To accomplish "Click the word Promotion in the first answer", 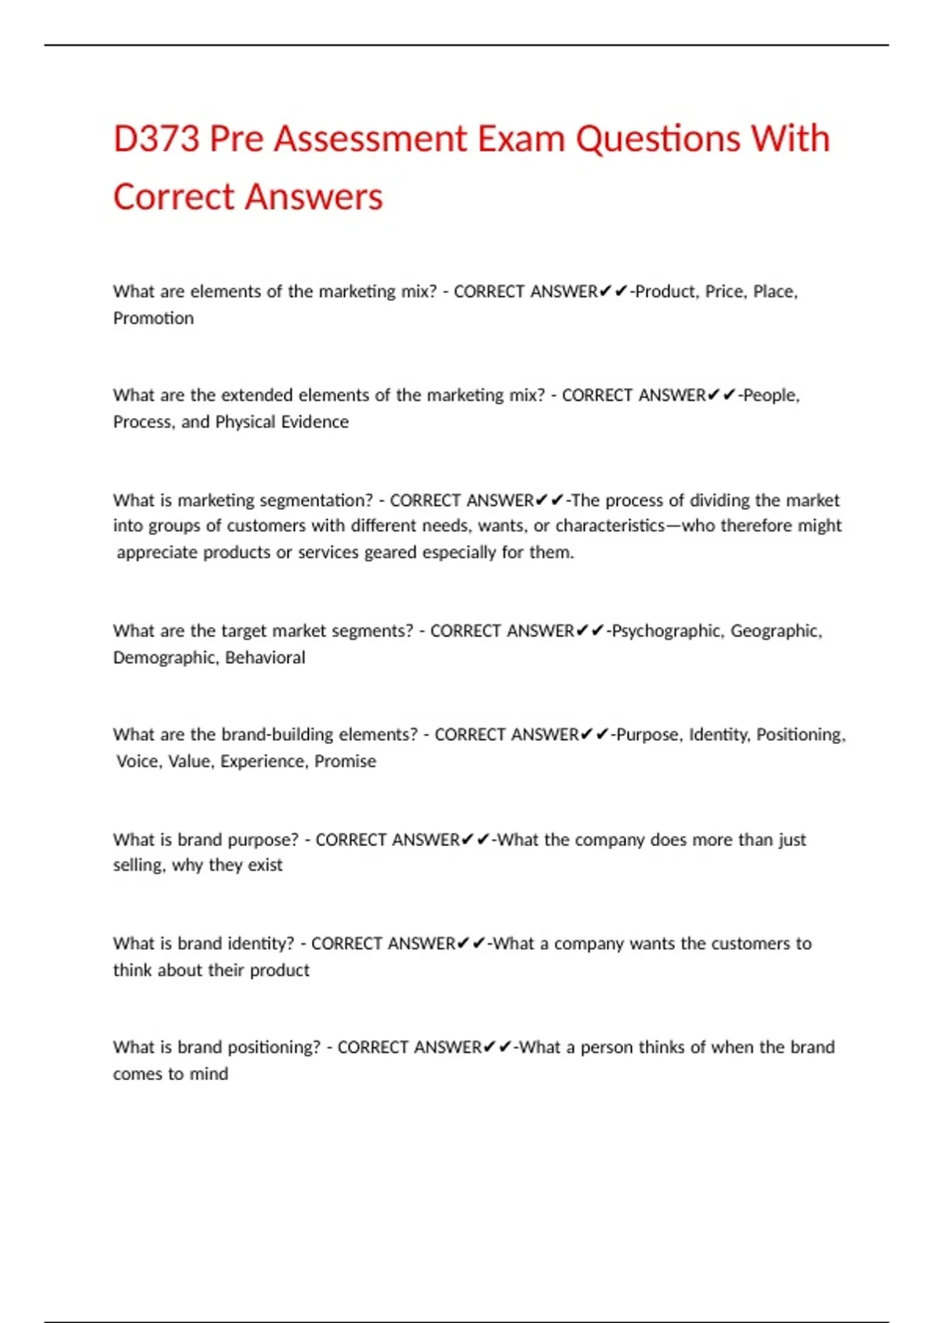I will [x=153, y=318].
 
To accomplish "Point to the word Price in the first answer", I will [x=725, y=292].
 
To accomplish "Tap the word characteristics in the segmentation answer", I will [x=609, y=526].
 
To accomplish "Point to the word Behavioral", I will [x=265, y=658].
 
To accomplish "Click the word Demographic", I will [x=164, y=658].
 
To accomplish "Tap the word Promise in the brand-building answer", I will [x=345, y=761].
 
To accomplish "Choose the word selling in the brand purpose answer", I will [x=138, y=865].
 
